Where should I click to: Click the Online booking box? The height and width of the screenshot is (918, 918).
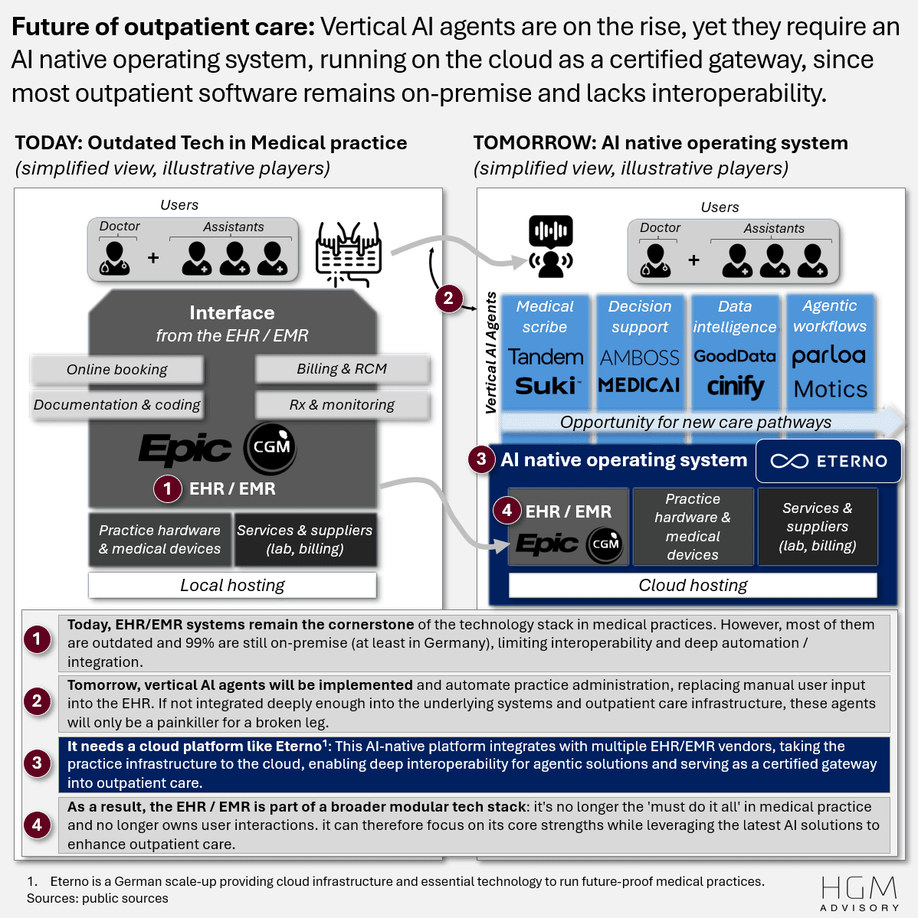(116, 370)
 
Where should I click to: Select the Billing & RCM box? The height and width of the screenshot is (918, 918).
(342, 369)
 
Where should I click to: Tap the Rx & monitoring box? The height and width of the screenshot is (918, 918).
(342, 405)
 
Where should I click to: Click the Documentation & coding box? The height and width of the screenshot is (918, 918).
(116, 405)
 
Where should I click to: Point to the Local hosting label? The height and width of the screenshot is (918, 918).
(232, 586)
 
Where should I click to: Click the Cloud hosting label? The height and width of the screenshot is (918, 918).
(693, 586)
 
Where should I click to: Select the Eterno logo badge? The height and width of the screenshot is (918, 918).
(828, 461)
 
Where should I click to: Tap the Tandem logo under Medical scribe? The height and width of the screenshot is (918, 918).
(545, 358)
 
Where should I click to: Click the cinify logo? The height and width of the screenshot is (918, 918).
(735, 387)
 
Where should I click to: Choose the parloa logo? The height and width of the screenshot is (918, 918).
(829, 356)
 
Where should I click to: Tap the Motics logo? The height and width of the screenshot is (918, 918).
(830, 390)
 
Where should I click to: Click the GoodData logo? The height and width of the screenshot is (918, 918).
(735, 357)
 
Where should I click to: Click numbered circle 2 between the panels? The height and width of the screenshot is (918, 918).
(448, 298)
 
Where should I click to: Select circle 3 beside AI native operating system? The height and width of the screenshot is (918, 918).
(481, 459)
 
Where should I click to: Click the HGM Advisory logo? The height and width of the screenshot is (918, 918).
(859, 893)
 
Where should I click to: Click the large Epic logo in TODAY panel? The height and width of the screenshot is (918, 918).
(185, 449)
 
